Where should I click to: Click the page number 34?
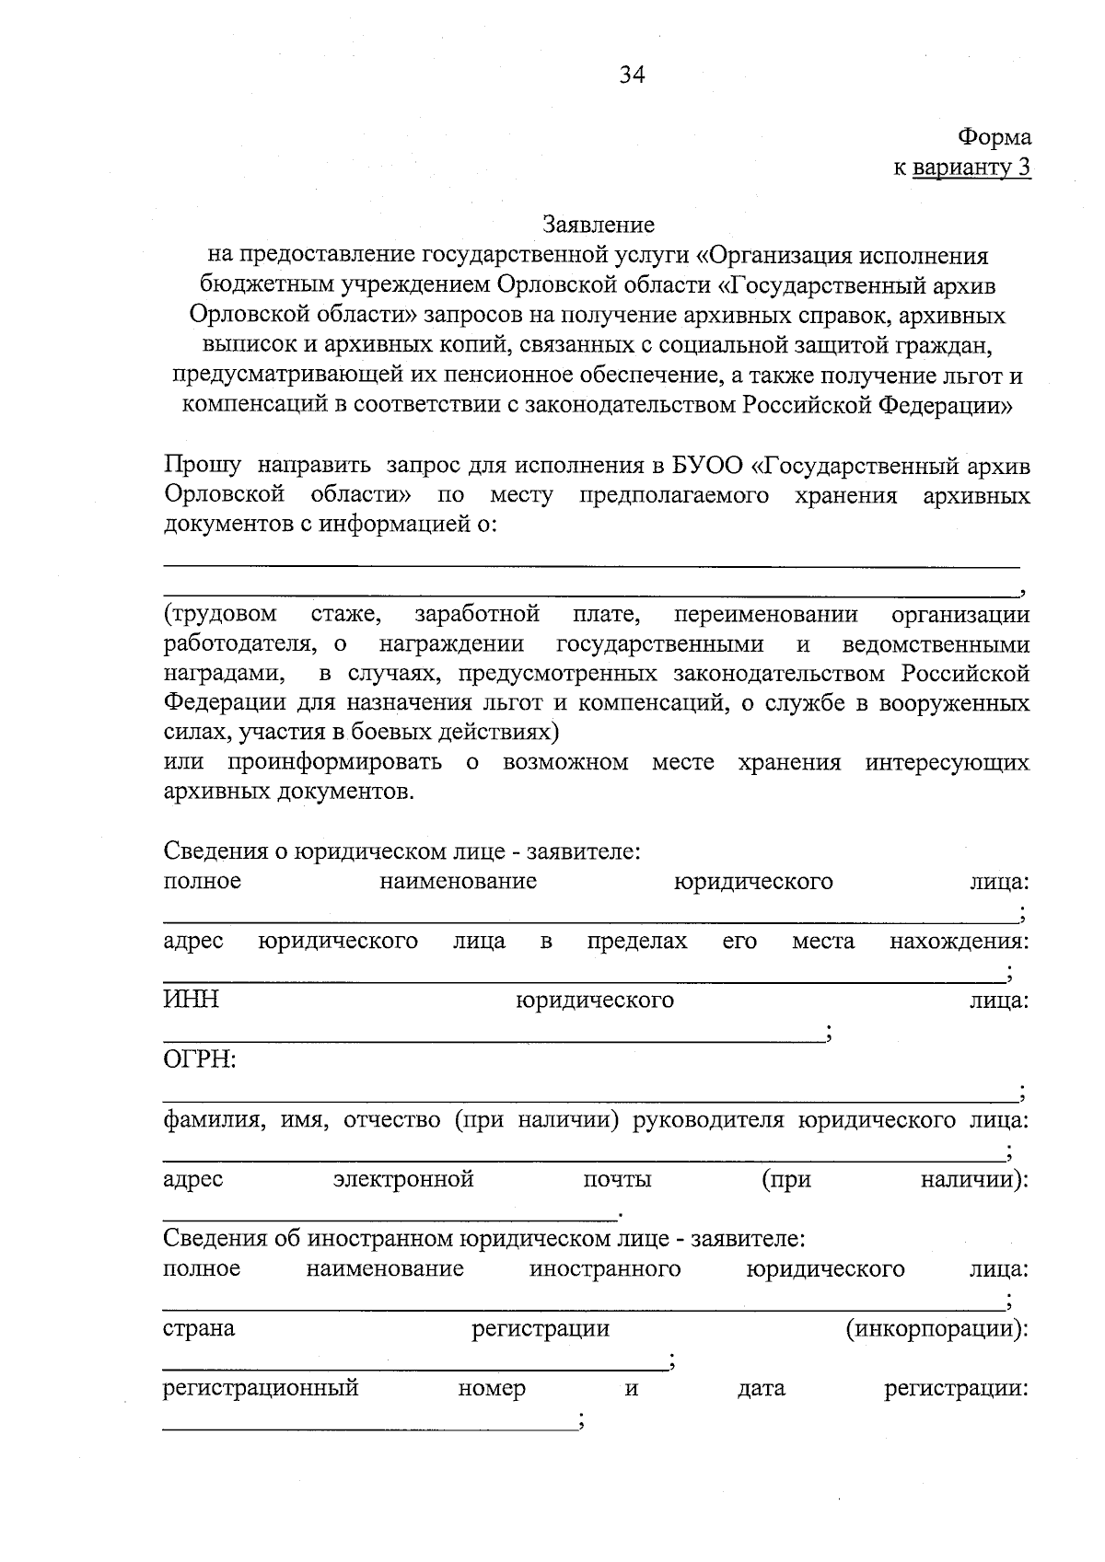632,75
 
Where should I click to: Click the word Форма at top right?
994,138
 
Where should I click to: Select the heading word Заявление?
599,225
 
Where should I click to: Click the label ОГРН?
200,1060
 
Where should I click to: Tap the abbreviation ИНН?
191,1001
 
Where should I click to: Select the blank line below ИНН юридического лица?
493,1041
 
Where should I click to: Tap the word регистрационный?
261,1388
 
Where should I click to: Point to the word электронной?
403,1180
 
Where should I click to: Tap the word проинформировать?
334,763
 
